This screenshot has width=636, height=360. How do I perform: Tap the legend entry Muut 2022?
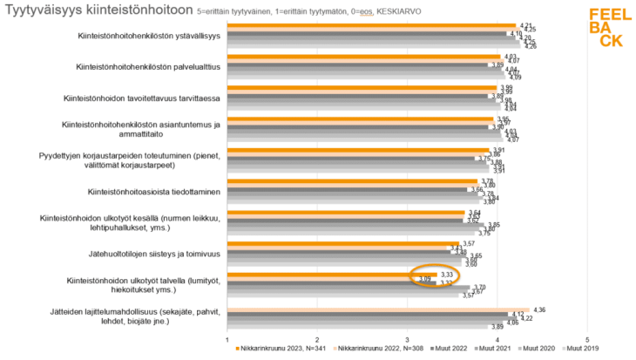[x=452, y=349]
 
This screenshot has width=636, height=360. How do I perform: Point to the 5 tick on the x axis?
[x=586, y=339]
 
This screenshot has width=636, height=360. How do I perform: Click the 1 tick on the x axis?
[x=227, y=339]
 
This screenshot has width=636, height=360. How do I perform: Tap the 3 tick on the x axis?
[x=407, y=339]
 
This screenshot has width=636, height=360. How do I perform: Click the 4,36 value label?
[x=538, y=309]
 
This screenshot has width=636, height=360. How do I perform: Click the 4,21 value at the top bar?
[x=525, y=25]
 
